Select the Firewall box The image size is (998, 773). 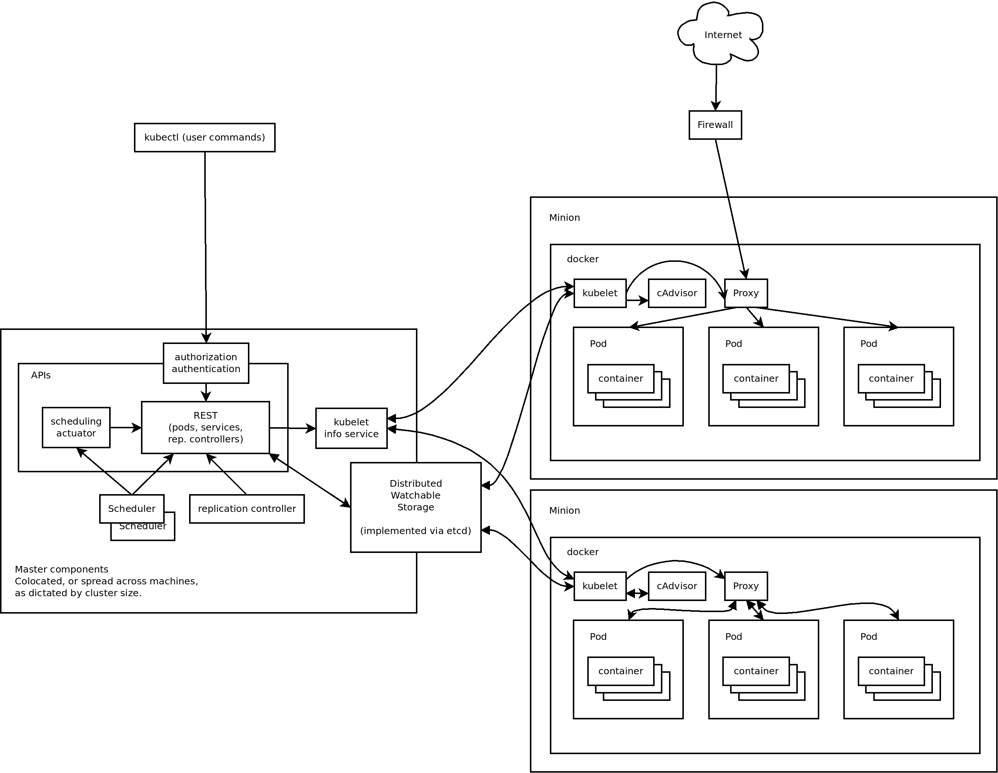715,125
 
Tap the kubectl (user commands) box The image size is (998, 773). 205,137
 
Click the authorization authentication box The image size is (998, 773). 206,363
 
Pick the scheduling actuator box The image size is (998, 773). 76,427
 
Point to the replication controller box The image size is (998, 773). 247,509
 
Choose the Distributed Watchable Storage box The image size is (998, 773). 416,507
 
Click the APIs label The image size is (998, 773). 41,375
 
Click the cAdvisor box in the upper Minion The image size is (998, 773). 677,293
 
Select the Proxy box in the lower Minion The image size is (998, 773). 746,586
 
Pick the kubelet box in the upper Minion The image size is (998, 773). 599,293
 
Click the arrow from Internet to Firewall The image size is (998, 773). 716,87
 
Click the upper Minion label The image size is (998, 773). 564,217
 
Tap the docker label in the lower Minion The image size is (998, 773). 582,552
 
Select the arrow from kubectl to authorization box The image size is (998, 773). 205,247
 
